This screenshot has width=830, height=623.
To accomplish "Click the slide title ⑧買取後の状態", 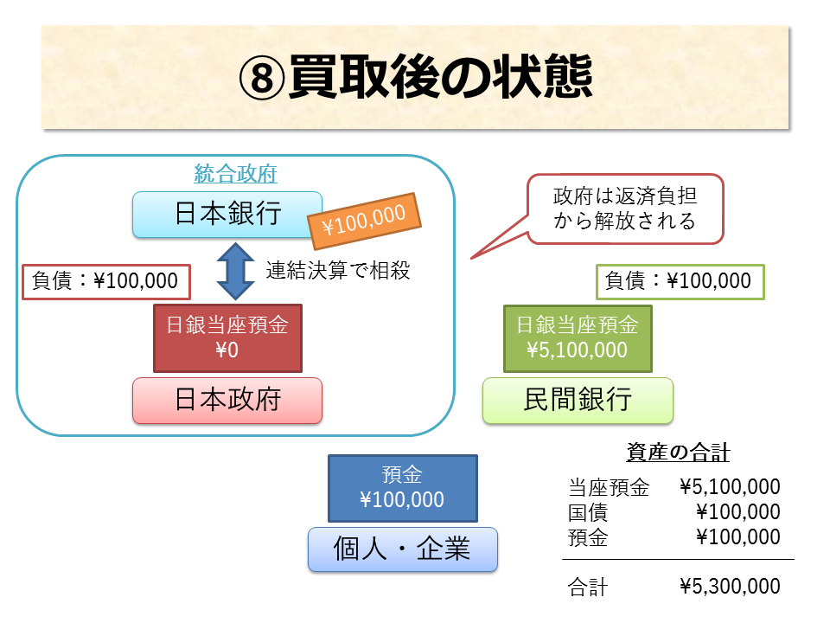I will click(x=415, y=79).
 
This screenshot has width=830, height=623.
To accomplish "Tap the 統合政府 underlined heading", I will click(x=235, y=174).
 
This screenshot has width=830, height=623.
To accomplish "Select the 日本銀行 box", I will click(x=227, y=214).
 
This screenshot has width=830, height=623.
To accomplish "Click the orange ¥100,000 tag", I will click(x=364, y=221).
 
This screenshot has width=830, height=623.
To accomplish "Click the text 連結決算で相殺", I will click(x=337, y=270).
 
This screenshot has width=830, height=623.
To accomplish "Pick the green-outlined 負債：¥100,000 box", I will click(x=680, y=280).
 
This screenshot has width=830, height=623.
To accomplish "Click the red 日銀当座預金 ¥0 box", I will click(x=227, y=337).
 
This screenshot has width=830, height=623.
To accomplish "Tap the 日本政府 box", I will click(x=227, y=400).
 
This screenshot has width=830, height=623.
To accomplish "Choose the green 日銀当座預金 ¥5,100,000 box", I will click(x=577, y=337).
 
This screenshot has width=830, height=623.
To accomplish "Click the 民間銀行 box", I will click(x=577, y=400).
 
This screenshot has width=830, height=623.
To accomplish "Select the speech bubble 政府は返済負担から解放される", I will click(x=624, y=209).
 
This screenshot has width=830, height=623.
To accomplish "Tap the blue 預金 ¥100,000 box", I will click(x=402, y=488).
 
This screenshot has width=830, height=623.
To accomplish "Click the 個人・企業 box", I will click(x=402, y=549).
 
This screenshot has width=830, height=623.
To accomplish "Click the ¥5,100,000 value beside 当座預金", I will click(x=730, y=487).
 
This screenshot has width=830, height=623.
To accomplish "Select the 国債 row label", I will click(x=588, y=512).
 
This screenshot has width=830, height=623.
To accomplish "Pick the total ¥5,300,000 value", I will click(x=730, y=587).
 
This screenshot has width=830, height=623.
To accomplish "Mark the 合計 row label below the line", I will click(x=588, y=587).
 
